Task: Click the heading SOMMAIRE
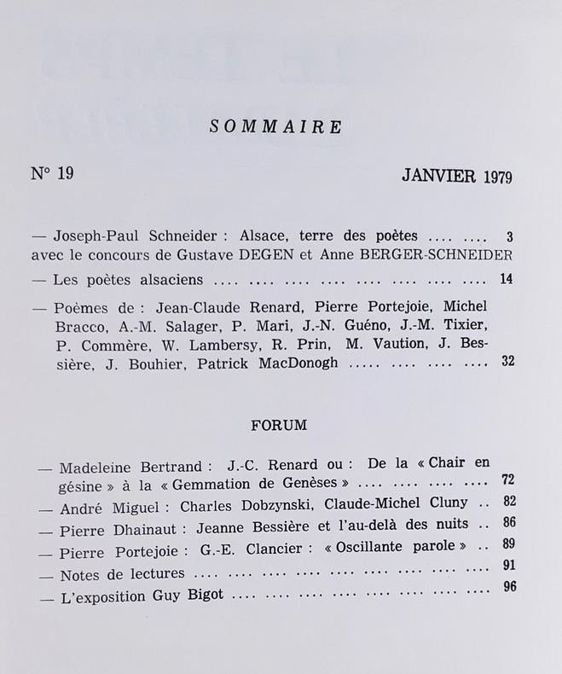275,127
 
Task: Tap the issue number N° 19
53,174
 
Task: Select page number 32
507,362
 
